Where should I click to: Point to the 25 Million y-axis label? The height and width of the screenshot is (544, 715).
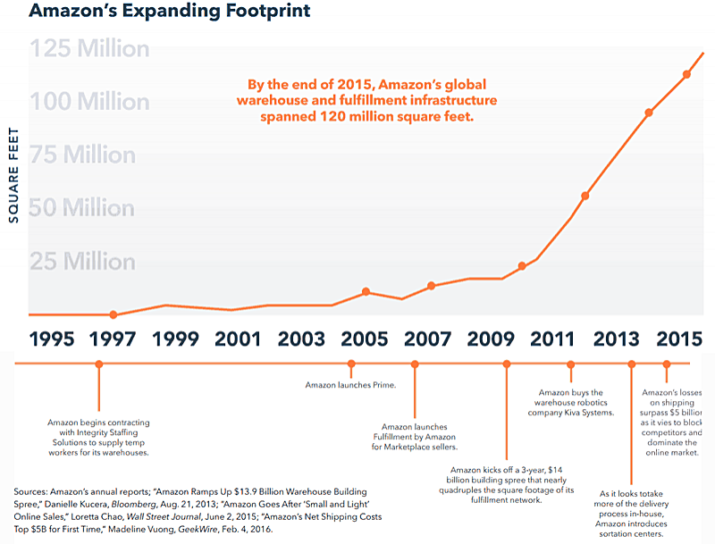85,263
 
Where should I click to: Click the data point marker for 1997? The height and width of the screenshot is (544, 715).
114,314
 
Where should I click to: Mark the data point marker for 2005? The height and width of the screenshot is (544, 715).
366,292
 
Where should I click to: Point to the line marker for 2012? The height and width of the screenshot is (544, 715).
585,196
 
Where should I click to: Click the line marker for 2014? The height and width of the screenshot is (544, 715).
649,113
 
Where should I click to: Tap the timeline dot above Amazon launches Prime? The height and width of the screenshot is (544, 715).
351,364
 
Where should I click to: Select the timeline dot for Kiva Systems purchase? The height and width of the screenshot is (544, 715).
570,364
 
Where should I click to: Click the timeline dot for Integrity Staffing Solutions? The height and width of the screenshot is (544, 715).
99,364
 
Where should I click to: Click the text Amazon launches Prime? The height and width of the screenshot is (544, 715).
350,385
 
